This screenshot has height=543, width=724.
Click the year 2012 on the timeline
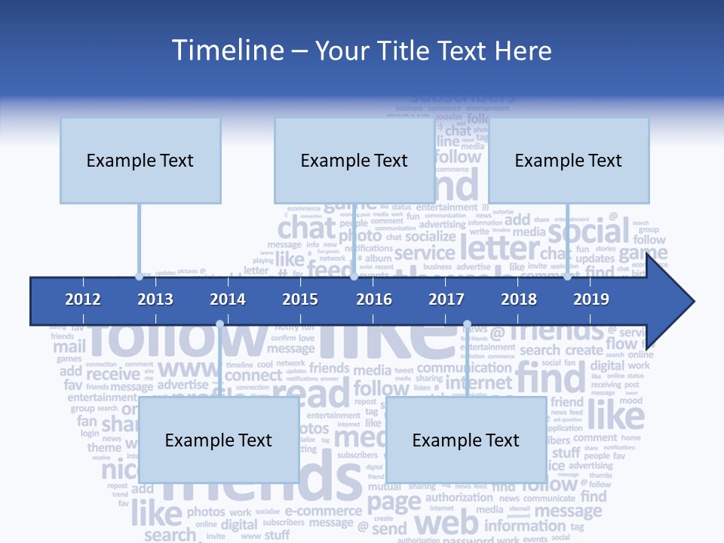point(83,299)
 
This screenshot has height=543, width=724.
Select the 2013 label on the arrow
point(155,299)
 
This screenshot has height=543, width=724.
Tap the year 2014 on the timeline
point(228,299)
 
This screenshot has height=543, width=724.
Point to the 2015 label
point(300,299)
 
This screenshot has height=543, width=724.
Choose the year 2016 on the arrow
point(374,299)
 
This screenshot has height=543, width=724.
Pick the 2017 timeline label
point(446,299)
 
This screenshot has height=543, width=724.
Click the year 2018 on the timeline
point(519,299)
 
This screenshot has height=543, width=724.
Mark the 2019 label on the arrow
point(591,299)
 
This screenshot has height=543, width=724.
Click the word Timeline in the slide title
point(225,51)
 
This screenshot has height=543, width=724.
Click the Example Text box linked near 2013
point(140,160)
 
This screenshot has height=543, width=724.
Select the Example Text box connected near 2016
point(354,160)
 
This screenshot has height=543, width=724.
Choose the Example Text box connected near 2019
point(569,160)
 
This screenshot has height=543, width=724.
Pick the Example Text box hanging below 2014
point(219,440)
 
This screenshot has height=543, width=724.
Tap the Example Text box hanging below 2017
point(466,440)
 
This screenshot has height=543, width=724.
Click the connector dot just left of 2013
point(139,276)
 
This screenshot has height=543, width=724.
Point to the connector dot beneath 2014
point(219,324)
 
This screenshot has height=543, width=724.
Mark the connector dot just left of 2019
point(567,276)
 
